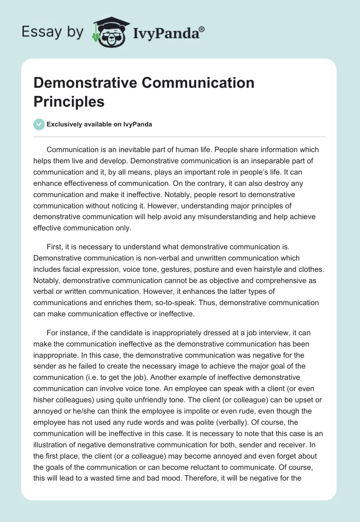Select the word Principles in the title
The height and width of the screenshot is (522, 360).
(x=69, y=101)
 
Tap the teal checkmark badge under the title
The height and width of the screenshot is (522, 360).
(x=39, y=125)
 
